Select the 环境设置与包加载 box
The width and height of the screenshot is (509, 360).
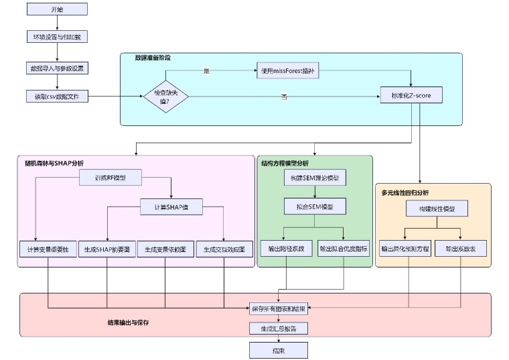pos(58,37)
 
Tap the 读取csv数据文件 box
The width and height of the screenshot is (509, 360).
pos(58,96)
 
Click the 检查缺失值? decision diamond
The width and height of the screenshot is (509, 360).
pos(166,97)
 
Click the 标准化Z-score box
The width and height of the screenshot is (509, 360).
pos(411,96)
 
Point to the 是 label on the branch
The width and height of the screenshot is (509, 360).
pos(206,70)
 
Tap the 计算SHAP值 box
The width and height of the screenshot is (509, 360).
pos(171,207)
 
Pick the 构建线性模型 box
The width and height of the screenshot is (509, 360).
pos(436,209)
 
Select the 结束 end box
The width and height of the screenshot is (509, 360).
pos(279,350)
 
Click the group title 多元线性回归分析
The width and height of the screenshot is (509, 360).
pos(405,192)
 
